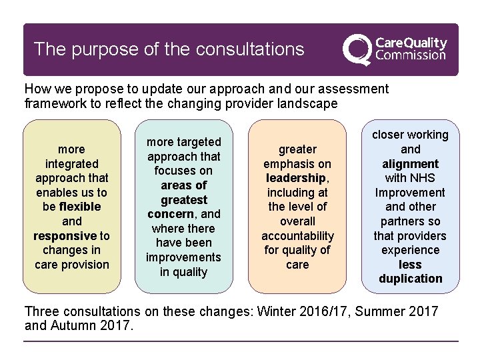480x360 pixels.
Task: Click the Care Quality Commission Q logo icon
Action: coord(357,49)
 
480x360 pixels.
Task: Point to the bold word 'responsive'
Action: coord(65,235)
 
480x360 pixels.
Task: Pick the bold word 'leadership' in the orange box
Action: coord(295,178)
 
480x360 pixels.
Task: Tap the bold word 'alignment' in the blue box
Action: coord(410,164)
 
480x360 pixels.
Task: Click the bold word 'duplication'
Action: coord(410,279)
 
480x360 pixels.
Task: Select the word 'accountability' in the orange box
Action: coord(297,235)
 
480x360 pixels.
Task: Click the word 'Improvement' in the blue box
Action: coord(410,193)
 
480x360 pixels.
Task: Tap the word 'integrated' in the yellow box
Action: coord(71,163)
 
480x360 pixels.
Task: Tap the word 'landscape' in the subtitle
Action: coord(309,104)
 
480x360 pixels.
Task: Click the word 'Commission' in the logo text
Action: coord(411,56)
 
